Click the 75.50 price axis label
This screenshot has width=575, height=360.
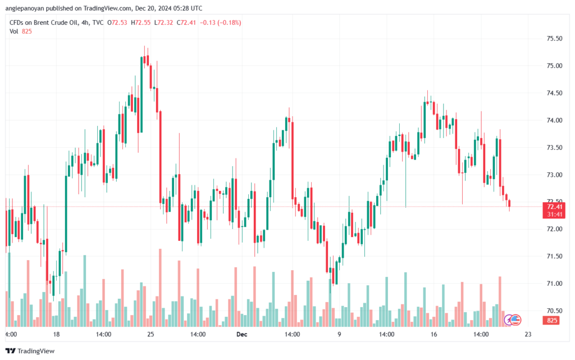(x=554, y=39)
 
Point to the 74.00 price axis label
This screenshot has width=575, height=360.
(x=554, y=120)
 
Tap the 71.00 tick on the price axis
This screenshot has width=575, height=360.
(x=554, y=284)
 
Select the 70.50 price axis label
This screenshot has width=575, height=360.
(x=554, y=311)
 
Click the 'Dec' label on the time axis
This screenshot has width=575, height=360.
(x=241, y=334)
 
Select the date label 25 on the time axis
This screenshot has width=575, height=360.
(x=150, y=334)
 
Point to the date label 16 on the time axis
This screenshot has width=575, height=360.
(x=433, y=334)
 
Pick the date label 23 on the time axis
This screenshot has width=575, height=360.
(x=528, y=334)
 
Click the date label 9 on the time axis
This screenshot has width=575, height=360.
(x=339, y=334)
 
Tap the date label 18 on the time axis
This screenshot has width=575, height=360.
(x=56, y=334)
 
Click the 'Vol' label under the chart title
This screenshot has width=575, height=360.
(x=14, y=31)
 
